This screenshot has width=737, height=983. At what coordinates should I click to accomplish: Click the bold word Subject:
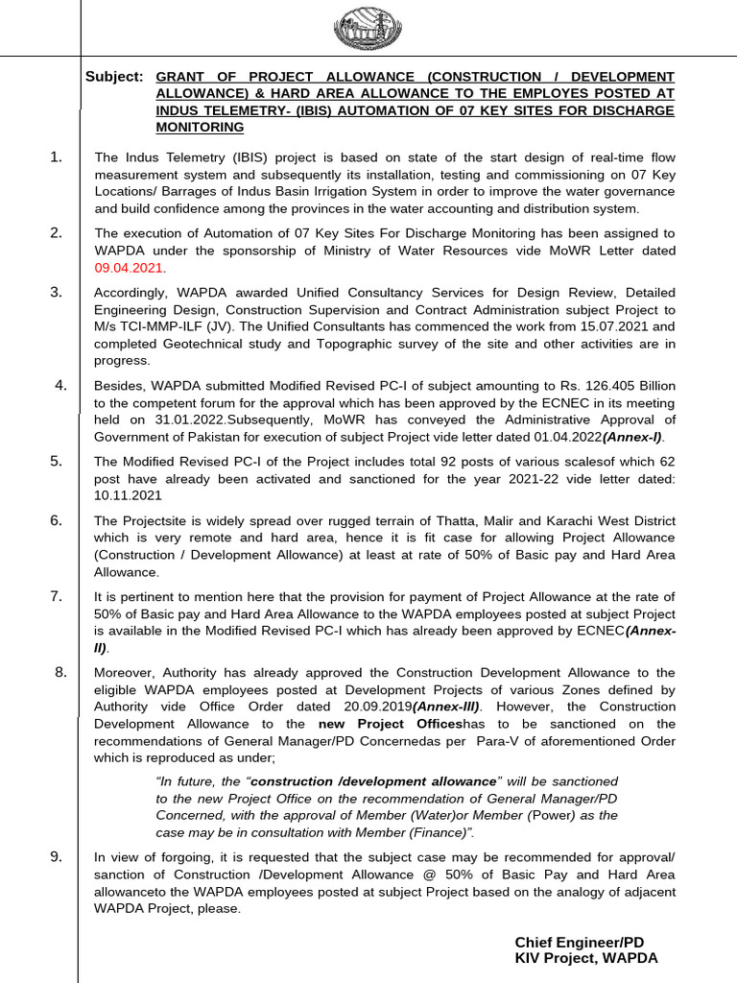click(x=114, y=77)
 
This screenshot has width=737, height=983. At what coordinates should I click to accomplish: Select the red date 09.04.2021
click(x=130, y=267)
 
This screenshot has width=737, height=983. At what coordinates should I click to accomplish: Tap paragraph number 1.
click(x=57, y=156)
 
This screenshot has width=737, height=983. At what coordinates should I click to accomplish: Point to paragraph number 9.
click(x=57, y=856)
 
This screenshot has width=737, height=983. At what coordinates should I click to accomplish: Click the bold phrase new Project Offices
click(x=391, y=724)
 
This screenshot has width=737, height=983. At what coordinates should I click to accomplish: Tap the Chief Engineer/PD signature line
click(x=580, y=942)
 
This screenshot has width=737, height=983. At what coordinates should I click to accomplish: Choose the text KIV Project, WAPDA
click(x=586, y=958)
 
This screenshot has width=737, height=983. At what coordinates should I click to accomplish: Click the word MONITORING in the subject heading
click(x=200, y=127)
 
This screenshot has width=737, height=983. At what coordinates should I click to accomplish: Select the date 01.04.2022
click(x=559, y=438)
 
